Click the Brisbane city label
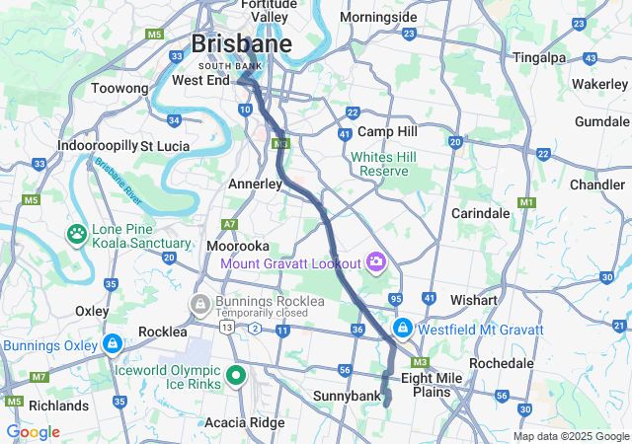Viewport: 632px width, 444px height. pos(241,44)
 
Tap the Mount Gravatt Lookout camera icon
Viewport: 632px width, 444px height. pos(375,261)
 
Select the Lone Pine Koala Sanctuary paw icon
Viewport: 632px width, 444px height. pos(76,235)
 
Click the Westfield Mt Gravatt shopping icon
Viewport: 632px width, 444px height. pos(403,328)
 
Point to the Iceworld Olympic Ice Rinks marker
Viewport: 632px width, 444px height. pos(236,375)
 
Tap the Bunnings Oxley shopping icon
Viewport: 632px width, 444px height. pos(113,345)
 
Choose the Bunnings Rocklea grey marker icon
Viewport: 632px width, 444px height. pos(200,302)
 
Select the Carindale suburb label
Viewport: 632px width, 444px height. pos(480,213)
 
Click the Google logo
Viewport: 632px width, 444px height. pos(33,432)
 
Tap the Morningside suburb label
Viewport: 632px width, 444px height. pos(378,18)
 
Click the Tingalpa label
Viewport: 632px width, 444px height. pos(539,57)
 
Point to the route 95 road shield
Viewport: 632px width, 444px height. pos(396,299)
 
